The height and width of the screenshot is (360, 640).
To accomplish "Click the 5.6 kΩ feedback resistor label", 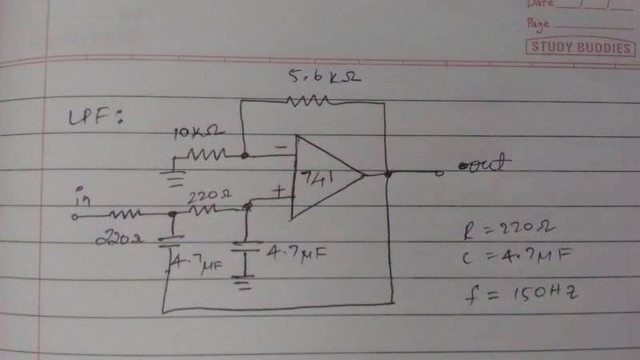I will pos(317,78).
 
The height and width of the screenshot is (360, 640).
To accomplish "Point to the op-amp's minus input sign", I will pos(281,147).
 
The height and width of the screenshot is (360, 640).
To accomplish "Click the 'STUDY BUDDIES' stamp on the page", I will pos(579,47).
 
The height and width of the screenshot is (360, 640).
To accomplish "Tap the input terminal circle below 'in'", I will pos(76,216).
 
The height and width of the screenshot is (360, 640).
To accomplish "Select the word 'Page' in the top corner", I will pos(538,23).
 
